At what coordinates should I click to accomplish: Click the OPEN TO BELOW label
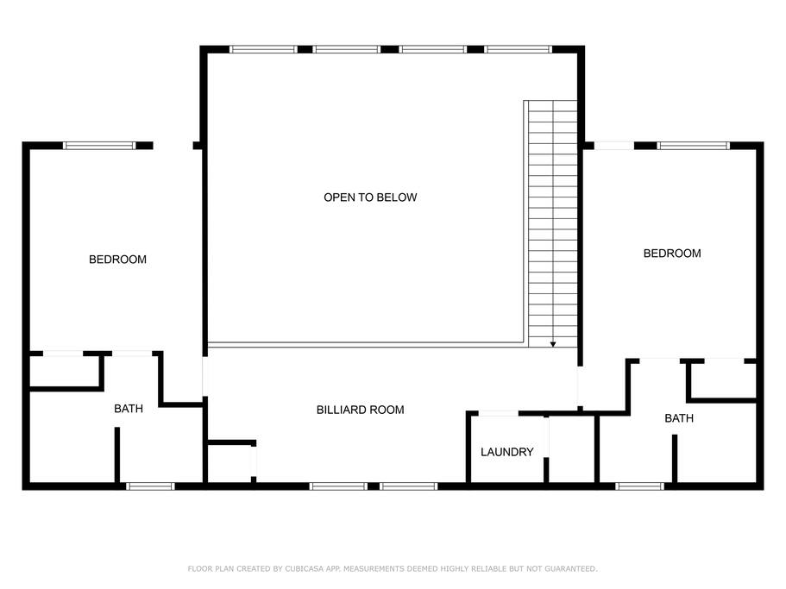tap(370, 197)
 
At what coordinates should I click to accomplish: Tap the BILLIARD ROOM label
tap(360, 410)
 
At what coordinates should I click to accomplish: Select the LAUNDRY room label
tap(506, 452)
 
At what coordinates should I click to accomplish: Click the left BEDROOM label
tap(118, 260)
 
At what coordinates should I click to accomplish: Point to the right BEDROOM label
tap(672, 254)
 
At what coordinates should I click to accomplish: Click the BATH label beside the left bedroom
tap(129, 409)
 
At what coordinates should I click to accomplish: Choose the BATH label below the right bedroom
tap(679, 418)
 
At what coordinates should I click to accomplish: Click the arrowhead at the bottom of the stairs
tap(553, 345)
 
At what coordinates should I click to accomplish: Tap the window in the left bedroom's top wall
tap(99, 146)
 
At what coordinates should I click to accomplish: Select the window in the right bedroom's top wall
tap(694, 146)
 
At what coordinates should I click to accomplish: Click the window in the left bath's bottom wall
tap(150, 486)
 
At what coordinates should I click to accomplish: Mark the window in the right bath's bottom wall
tap(639, 486)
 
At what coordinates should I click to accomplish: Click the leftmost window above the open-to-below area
tap(264, 49)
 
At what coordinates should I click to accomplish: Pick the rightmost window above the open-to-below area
tap(519, 49)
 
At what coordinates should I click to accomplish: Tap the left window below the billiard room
tap(338, 486)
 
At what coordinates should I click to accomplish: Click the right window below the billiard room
tap(409, 486)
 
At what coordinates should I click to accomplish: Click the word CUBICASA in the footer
tap(305, 569)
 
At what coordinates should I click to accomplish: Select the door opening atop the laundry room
tap(499, 414)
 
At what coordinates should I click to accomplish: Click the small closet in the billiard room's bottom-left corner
tap(230, 463)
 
